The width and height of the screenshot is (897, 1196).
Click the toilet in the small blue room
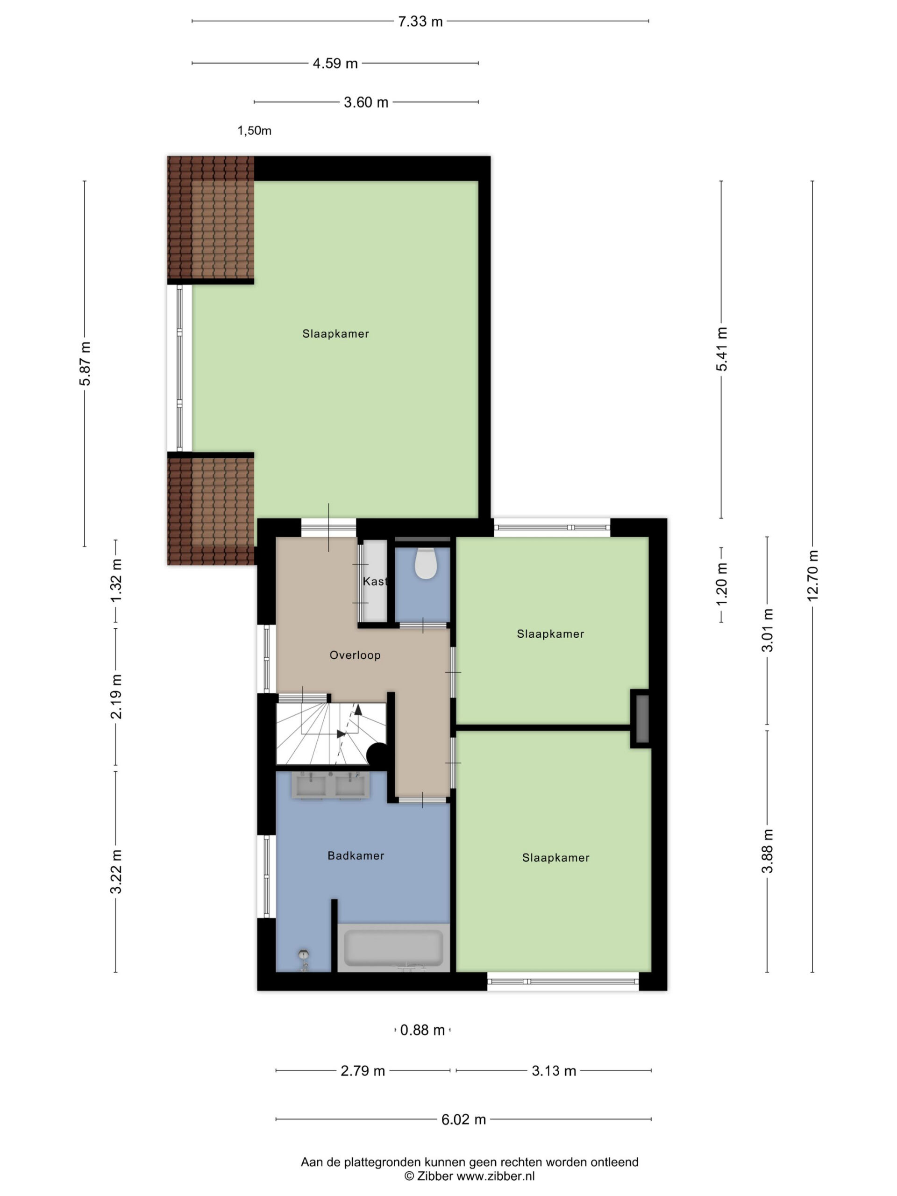pyautogui.click(x=426, y=563)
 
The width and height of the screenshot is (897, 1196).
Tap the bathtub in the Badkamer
pyautogui.click(x=394, y=947)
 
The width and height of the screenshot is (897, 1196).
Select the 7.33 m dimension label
pyautogui.click(x=420, y=21)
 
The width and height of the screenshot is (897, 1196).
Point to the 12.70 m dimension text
pyautogui.click(x=812, y=575)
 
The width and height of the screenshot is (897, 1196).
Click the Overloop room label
pyautogui.click(x=355, y=655)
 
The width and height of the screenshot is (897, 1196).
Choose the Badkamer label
pyautogui.click(x=356, y=856)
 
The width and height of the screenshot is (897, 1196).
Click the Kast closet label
pyautogui.click(x=375, y=581)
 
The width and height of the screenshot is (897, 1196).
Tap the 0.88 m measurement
pyautogui.click(x=422, y=1030)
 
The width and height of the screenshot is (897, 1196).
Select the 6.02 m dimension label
pyautogui.click(x=463, y=1119)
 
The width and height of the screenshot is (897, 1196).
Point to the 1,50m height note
pyautogui.click(x=254, y=131)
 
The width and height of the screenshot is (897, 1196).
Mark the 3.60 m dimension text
pyautogui.click(x=366, y=102)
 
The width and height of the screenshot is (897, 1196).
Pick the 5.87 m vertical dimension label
pyautogui.click(x=85, y=363)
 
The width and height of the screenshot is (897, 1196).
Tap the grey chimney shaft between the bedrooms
pyautogui.click(x=642, y=719)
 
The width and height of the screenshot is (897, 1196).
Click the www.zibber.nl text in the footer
pyautogui.click(x=496, y=1176)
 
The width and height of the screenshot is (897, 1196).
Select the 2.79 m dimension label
pyautogui.click(x=363, y=1071)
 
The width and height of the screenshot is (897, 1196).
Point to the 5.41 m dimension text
pyautogui.click(x=721, y=349)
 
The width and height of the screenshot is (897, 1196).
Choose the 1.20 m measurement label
pyautogui.click(x=721, y=584)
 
